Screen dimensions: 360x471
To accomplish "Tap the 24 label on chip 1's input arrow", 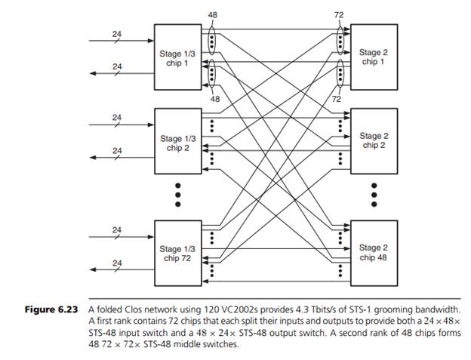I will (x=117, y=33).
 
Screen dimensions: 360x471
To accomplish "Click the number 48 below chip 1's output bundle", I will (x=215, y=99).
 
